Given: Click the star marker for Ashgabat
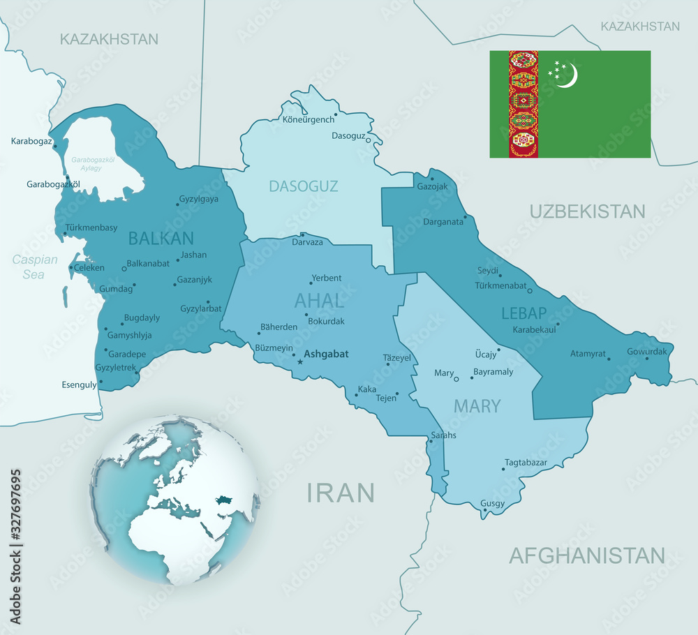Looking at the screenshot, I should pos(300,361).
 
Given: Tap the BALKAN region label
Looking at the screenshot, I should pos(161,238).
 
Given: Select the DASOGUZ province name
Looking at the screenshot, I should pos(304,186).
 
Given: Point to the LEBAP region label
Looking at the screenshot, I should pos(523,313).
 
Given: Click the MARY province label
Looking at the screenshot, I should pos(477,405).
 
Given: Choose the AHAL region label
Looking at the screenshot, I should pos(319,301).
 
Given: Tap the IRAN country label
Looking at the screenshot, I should pos(341,493).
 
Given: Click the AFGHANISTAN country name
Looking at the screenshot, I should pos(586,555).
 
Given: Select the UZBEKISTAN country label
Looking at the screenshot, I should pos(587,211).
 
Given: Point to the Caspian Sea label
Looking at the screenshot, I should pos(34,267).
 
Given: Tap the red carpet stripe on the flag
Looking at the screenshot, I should pos(523,104).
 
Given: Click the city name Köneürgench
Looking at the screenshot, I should pos(308,119).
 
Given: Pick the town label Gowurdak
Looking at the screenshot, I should pos(647,351).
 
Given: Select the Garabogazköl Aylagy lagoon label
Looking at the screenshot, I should pos(93,163).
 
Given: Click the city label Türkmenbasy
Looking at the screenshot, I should pos(91,227).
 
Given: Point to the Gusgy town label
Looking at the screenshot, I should pos(493,503).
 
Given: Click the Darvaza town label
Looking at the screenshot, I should pos(307,242).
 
